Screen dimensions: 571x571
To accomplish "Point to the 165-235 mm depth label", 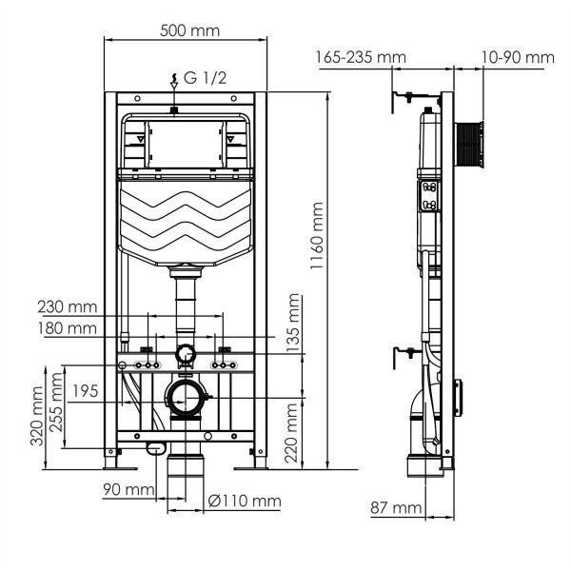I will (361, 58).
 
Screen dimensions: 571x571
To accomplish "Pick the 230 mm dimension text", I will (68, 307).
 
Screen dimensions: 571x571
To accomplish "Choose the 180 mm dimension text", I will (68, 328).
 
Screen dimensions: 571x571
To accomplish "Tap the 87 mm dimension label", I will (396, 508).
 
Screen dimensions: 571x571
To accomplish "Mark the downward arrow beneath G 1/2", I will (172, 85).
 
